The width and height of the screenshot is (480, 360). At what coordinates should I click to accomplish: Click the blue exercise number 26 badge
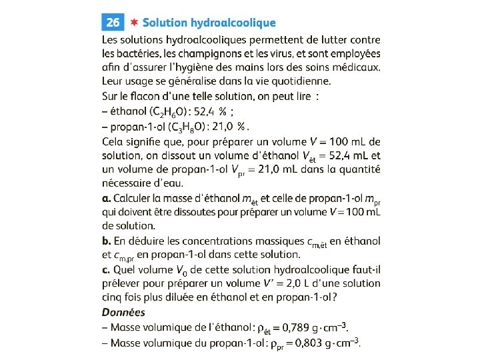click(x=113, y=22)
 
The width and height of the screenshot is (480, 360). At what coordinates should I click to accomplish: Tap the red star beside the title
click(x=133, y=22)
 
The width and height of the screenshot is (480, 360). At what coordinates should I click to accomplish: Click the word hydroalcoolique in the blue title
click(x=233, y=23)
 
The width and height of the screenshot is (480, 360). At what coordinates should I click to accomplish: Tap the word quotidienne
click(x=297, y=82)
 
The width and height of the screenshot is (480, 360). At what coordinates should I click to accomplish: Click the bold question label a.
click(x=106, y=198)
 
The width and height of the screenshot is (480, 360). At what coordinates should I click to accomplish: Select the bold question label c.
click(x=106, y=270)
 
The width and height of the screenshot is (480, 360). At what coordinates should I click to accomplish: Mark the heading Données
click(x=123, y=312)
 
